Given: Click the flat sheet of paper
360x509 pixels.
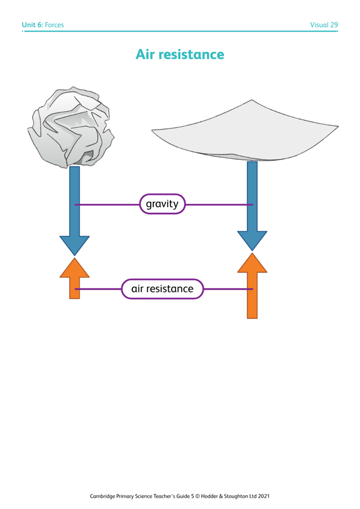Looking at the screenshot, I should tap(244, 132).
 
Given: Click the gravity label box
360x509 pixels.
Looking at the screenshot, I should tap(162, 204).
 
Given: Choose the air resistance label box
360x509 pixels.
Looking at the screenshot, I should tap(162, 289).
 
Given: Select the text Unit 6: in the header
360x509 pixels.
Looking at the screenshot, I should tap(32, 24).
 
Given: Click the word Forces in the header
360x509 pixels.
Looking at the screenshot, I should tap(54, 24).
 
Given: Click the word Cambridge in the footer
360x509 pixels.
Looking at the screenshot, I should tap(104, 495).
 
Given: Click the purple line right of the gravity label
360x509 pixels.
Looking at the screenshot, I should tap(219, 205).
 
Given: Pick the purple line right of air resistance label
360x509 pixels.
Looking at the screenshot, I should tap(227, 289).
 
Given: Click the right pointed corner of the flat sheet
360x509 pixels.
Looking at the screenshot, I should tap(337, 126).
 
